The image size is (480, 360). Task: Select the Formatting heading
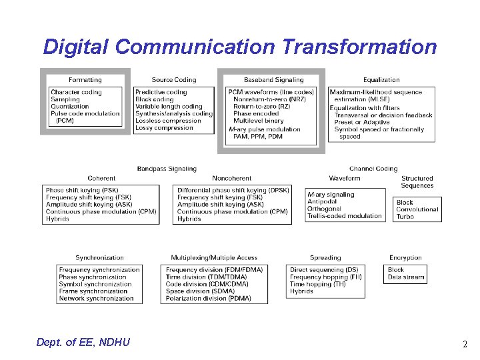click(x=85, y=80)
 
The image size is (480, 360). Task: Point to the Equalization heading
click(x=381, y=80)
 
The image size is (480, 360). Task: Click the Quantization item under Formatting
click(x=69, y=106)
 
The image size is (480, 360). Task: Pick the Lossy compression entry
click(x=163, y=128)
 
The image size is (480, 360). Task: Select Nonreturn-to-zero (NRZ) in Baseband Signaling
click(x=269, y=99)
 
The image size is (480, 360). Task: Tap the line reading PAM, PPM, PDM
click(x=257, y=136)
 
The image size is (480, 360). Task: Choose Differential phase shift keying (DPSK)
click(x=233, y=190)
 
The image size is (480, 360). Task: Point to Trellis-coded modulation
click(x=345, y=216)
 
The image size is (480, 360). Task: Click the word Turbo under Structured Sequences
click(x=405, y=217)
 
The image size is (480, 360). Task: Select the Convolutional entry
click(x=417, y=209)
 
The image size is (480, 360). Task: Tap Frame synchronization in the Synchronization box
click(x=93, y=291)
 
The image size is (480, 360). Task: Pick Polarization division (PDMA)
click(x=208, y=299)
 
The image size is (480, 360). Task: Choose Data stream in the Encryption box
click(x=405, y=277)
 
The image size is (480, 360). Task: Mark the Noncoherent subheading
click(x=232, y=178)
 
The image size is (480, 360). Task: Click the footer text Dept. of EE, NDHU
click(x=83, y=343)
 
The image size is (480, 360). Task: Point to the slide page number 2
click(x=465, y=345)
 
